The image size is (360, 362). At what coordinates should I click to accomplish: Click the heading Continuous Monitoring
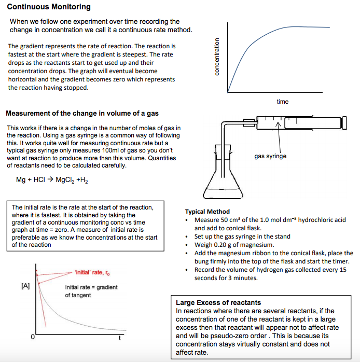click(49, 7)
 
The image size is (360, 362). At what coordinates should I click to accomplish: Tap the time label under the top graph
click(282, 102)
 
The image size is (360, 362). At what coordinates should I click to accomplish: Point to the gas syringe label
click(270, 156)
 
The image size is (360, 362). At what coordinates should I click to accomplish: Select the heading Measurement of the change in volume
click(82, 114)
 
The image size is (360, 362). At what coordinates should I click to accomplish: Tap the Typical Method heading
click(207, 212)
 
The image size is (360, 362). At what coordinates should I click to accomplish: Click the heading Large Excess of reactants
click(218, 302)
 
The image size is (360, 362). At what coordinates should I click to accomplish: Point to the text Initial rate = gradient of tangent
click(91, 291)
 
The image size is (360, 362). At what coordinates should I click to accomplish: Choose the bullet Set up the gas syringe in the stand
click(242, 236)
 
